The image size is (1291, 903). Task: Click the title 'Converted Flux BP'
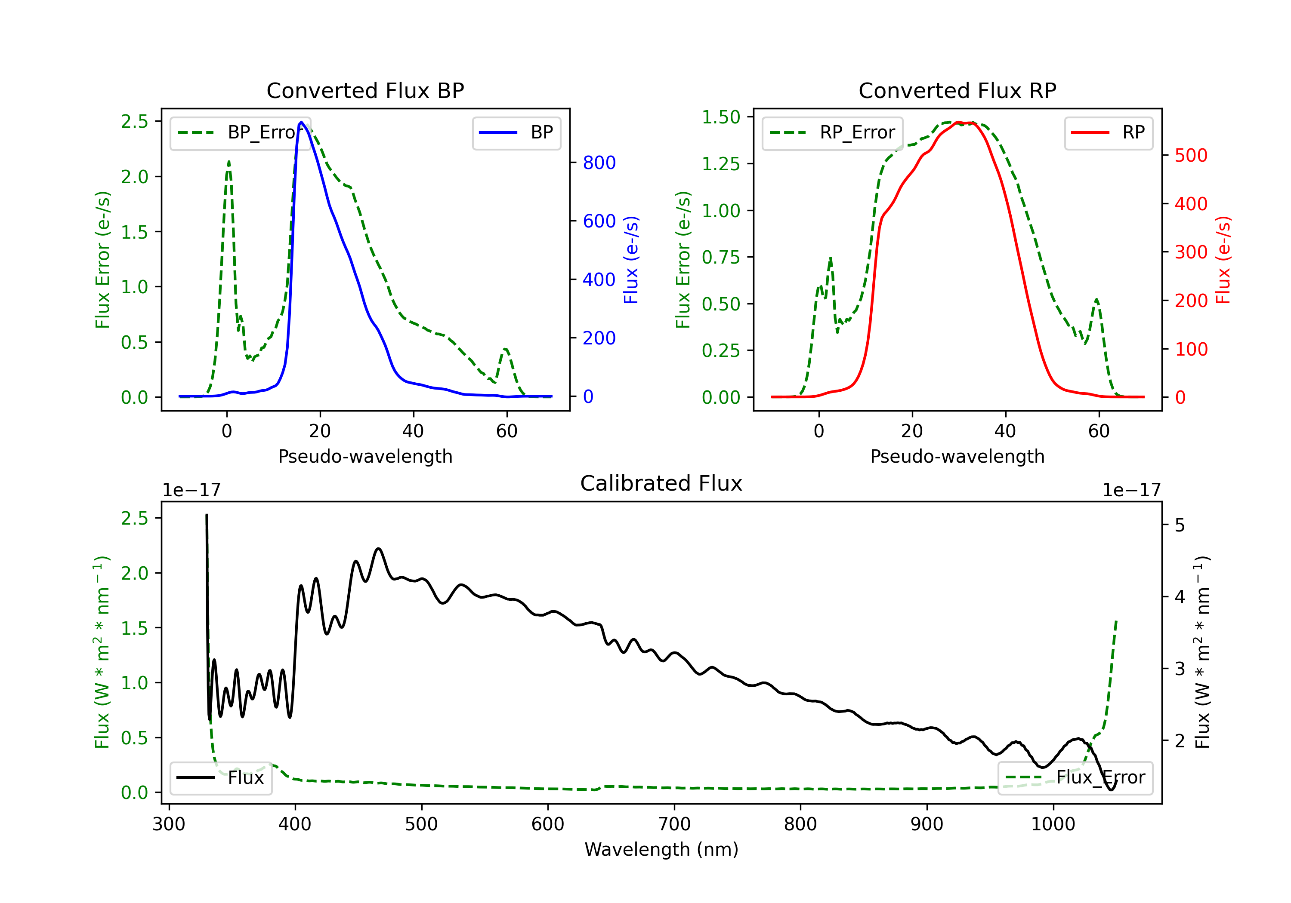click(365, 90)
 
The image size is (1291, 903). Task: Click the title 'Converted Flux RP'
click(957, 90)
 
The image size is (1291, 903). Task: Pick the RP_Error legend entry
click(832, 132)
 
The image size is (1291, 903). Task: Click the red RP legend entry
click(1108, 132)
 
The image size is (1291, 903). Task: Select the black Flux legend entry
click(221, 778)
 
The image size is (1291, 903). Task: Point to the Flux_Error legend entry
click(1075, 778)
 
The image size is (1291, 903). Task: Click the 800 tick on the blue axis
click(599, 163)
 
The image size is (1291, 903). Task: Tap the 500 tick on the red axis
click(1191, 156)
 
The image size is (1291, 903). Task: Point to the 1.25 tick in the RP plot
click(721, 164)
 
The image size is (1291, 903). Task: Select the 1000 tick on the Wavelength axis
click(1053, 824)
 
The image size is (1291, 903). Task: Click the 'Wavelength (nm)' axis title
click(661, 849)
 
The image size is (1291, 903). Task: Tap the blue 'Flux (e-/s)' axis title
click(631, 260)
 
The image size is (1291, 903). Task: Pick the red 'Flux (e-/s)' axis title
click(1223, 260)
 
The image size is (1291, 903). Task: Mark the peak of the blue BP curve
click(301, 122)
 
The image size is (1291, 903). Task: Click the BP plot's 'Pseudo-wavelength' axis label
click(365, 456)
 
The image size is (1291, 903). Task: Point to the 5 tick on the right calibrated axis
click(1180, 526)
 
